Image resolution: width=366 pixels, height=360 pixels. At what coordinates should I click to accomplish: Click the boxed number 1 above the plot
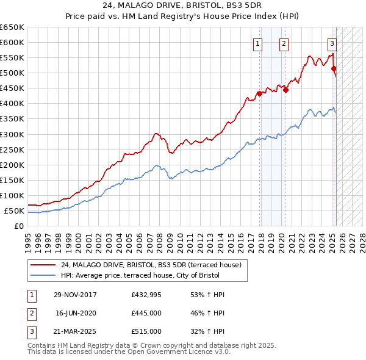(257, 43)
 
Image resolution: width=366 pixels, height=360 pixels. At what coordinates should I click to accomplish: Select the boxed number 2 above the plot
(284, 43)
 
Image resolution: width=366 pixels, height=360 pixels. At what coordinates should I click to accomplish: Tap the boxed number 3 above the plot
(332, 43)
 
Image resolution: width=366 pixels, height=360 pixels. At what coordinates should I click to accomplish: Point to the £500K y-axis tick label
(12, 73)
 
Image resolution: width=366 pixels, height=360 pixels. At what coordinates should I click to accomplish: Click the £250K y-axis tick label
(12, 149)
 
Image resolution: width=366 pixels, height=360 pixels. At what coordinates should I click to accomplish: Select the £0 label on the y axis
(19, 226)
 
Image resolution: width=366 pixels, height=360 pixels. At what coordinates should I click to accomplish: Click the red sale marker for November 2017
(259, 93)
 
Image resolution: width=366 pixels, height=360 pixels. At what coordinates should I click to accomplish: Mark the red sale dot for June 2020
(285, 90)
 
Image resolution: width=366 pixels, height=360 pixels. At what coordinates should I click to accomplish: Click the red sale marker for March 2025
(334, 68)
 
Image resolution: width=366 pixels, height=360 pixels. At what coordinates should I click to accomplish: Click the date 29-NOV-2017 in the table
(76, 295)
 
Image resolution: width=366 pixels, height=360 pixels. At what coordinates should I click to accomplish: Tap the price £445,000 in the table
(146, 313)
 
